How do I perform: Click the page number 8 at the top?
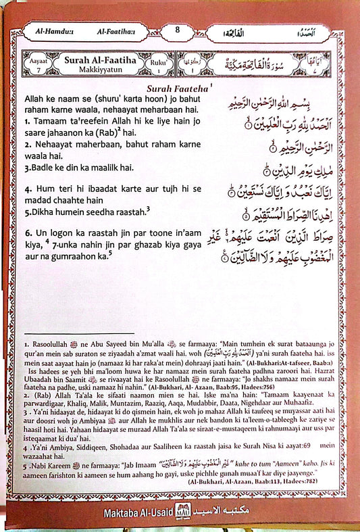(x=178, y=30)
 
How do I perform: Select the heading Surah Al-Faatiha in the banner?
(x=95, y=60)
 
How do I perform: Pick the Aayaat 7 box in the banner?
(x=35, y=64)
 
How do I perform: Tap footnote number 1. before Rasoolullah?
(x=23, y=344)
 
